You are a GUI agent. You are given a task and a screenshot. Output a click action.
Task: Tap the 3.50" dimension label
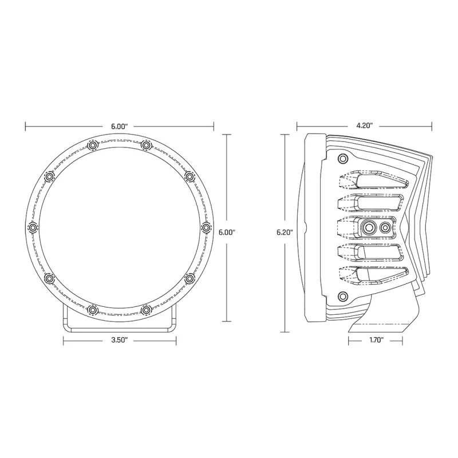click(119, 339)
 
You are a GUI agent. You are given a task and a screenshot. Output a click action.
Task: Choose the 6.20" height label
click(285, 232)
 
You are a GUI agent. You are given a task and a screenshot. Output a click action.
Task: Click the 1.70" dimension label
click(373, 339)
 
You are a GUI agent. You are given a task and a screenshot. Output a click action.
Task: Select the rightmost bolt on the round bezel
click(206, 228)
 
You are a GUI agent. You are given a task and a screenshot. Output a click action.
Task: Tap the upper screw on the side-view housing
click(343, 158)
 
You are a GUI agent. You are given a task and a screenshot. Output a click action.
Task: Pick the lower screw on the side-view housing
click(343, 295)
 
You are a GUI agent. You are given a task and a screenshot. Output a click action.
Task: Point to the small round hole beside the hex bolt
click(385, 228)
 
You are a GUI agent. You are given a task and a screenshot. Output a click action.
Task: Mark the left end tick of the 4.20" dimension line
click(297, 125)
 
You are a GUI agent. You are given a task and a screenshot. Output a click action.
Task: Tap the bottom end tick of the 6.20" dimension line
click(285, 331)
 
